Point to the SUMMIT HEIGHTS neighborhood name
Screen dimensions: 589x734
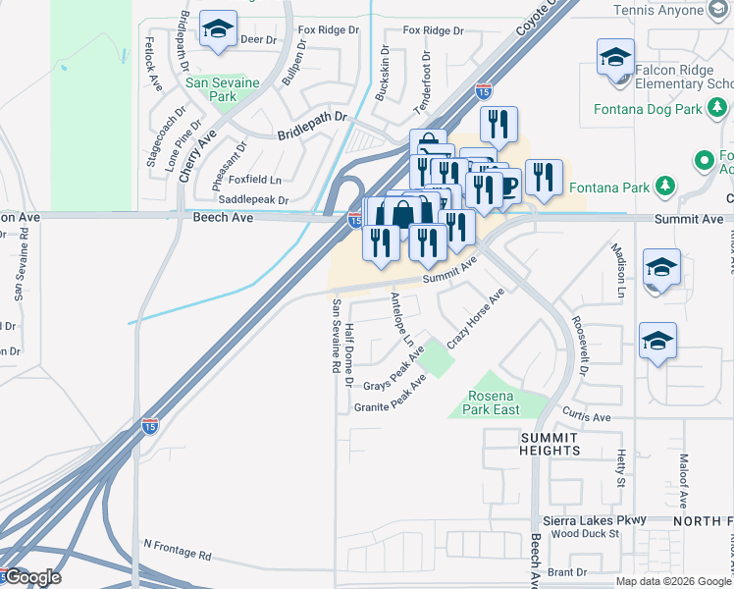coord(550,443)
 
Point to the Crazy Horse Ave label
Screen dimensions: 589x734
coord(476,319)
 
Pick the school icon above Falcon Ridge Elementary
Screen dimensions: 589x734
coord(615,57)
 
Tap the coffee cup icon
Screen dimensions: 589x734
coord(505,185)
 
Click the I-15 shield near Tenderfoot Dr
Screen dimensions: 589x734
coord(483,91)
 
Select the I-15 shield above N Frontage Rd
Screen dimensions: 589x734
coord(149,425)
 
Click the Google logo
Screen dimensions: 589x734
coord(32,577)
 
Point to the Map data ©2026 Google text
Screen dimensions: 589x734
coord(672,581)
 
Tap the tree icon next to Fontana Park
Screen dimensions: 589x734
coord(665,187)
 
